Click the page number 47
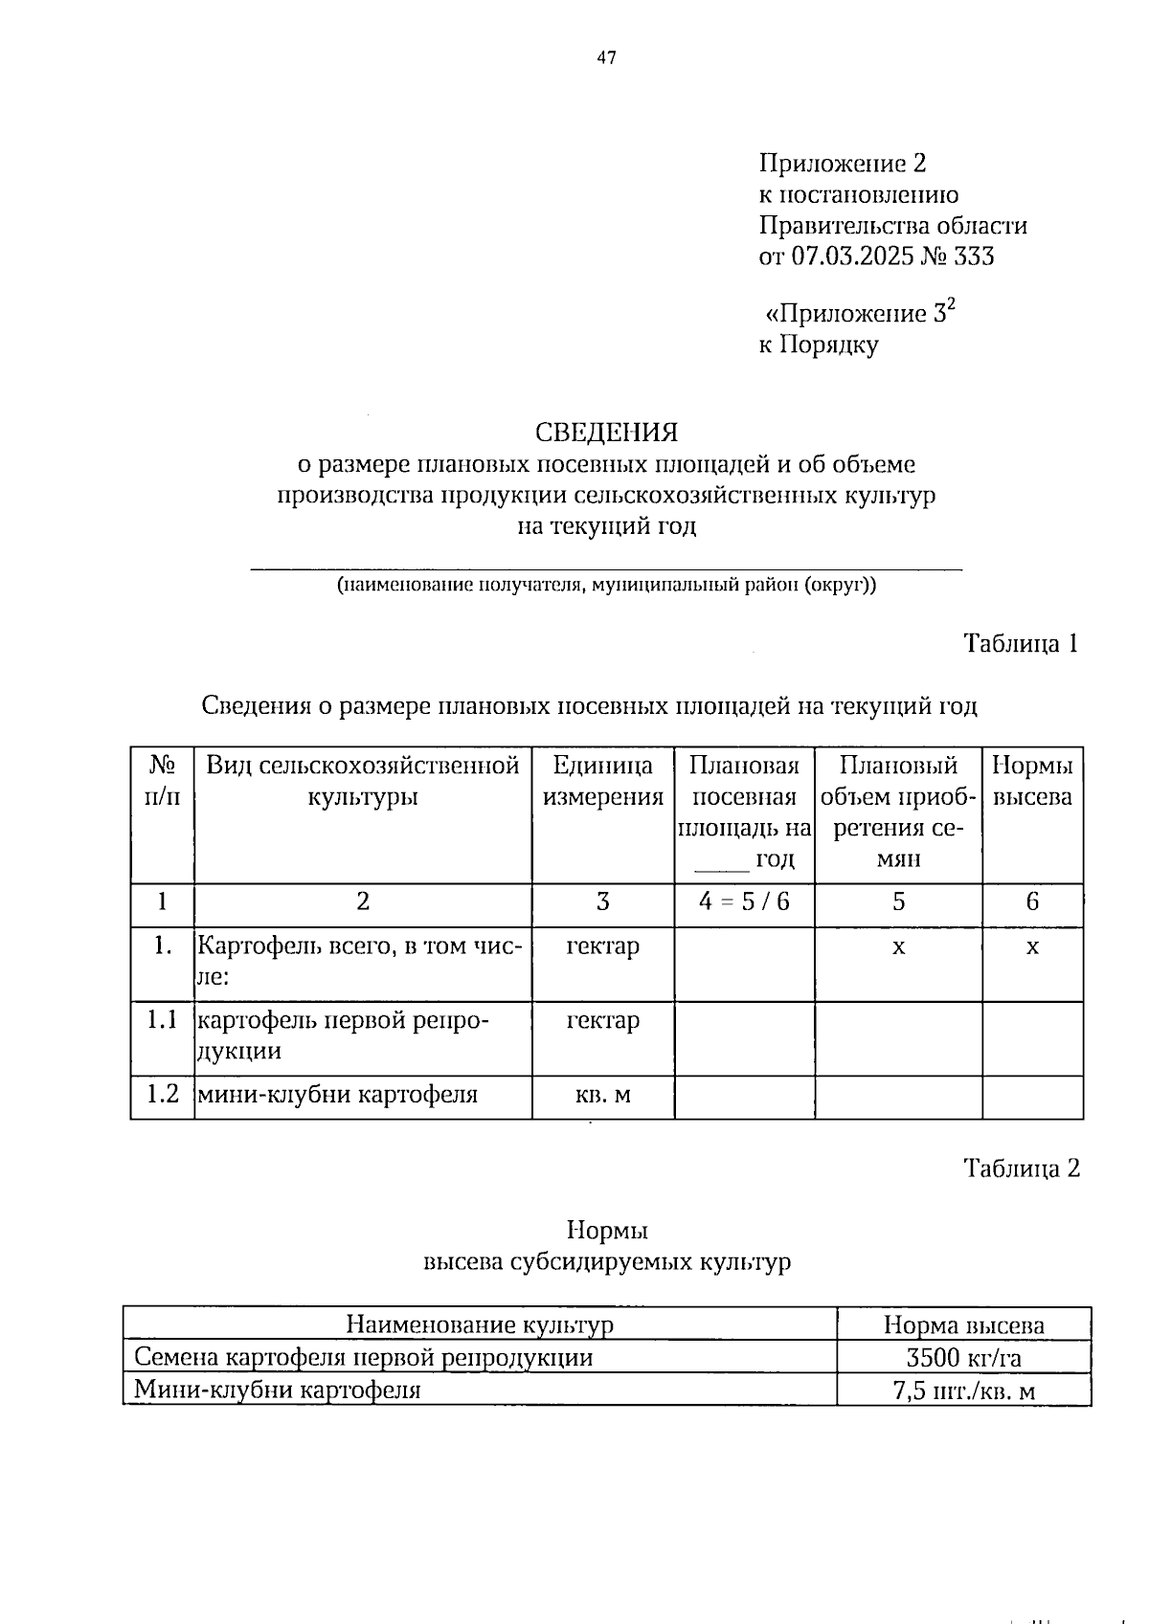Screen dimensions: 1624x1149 tap(606, 58)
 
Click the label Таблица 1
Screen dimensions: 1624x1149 tap(1021, 643)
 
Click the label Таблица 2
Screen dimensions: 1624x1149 tap(1021, 1168)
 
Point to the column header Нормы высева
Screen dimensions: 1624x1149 tap(1032, 781)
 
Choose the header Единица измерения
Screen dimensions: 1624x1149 tap(603, 781)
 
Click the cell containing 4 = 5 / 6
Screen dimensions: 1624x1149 tap(744, 901)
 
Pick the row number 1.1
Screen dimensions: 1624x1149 tap(163, 1020)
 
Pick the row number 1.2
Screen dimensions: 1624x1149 tap(163, 1094)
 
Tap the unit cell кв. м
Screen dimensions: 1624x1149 tap(603, 1094)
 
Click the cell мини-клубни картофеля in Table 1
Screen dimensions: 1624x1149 tap(337, 1094)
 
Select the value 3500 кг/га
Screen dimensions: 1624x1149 tap(963, 1357)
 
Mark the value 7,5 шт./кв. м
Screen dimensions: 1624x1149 tap(963, 1390)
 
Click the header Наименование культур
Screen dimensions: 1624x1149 tap(479, 1324)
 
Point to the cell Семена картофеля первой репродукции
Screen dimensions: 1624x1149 tap(364, 1357)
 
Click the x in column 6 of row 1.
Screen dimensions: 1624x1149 tap(1032, 946)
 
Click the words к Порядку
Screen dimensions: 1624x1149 tap(819, 345)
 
